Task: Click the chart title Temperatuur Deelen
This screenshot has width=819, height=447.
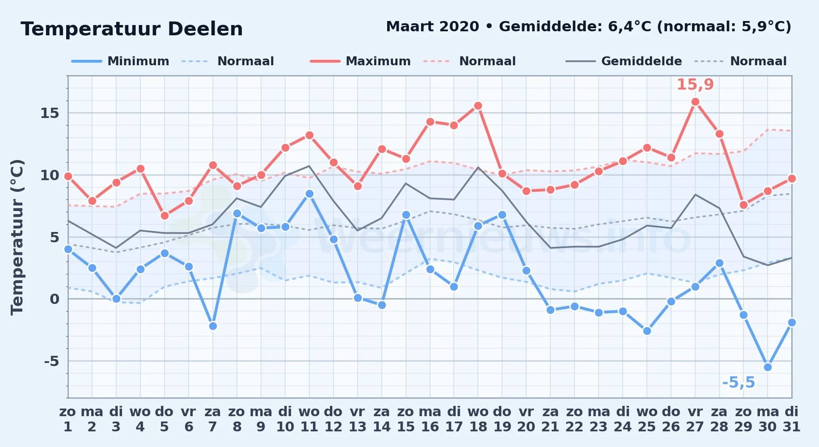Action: click(132, 29)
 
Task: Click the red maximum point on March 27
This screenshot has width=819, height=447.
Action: click(695, 102)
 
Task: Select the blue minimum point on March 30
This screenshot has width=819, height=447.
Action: click(768, 367)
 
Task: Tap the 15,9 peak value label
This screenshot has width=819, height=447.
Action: click(695, 84)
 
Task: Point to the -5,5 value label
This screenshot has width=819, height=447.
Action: click(739, 383)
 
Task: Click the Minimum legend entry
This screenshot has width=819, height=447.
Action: click(121, 61)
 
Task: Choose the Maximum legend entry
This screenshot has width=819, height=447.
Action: click(360, 61)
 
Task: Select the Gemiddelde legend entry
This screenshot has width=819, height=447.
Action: click(624, 61)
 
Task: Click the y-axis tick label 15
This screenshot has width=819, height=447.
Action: click(50, 113)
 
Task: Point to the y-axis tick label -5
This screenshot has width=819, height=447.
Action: click(51, 361)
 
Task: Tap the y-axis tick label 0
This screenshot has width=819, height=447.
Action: click(55, 299)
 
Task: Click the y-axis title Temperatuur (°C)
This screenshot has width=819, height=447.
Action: click(17, 237)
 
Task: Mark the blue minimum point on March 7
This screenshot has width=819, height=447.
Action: click(213, 326)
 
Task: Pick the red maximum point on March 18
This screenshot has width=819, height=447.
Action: click(478, 105)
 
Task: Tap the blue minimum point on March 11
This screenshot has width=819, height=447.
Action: click(309, 194)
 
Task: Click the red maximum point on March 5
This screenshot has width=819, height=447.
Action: click(165, 215)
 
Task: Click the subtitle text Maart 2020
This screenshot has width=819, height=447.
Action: click(432, 26)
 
